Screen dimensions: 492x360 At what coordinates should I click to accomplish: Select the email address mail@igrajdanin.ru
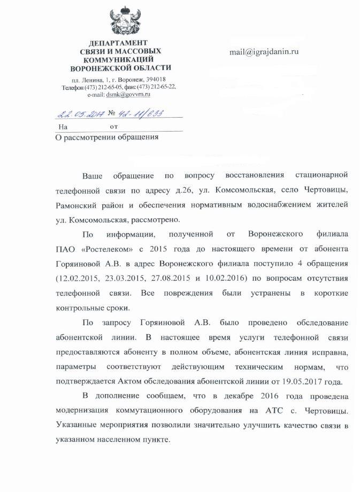(x=264, y=52)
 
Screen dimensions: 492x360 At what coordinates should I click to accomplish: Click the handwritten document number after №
(x=142, y=113)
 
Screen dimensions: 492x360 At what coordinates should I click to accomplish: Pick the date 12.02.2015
(x=78, y=278)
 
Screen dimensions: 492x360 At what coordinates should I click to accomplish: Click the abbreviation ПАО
(x=65, y=249)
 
